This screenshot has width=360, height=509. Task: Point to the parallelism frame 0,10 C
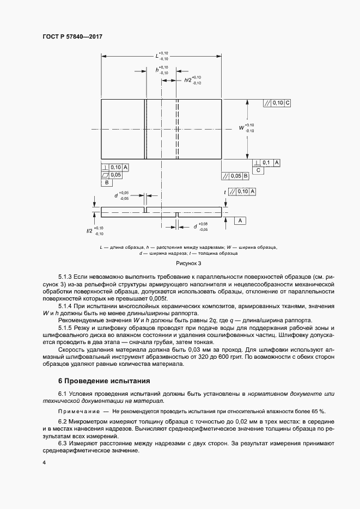click(277, 103)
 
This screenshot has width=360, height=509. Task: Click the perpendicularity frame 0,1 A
click(267, 163)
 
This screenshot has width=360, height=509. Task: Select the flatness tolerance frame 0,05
click(112, 175)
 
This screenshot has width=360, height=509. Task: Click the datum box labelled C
click(259, 170)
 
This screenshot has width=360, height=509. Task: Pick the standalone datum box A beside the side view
click(240, 220)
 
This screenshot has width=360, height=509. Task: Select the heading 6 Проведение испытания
click(103, 381)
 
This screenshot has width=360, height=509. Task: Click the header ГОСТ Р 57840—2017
click(72, 36)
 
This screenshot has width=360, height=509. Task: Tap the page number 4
click(44, 463)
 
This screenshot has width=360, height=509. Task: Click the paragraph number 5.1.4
click(66, 306)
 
